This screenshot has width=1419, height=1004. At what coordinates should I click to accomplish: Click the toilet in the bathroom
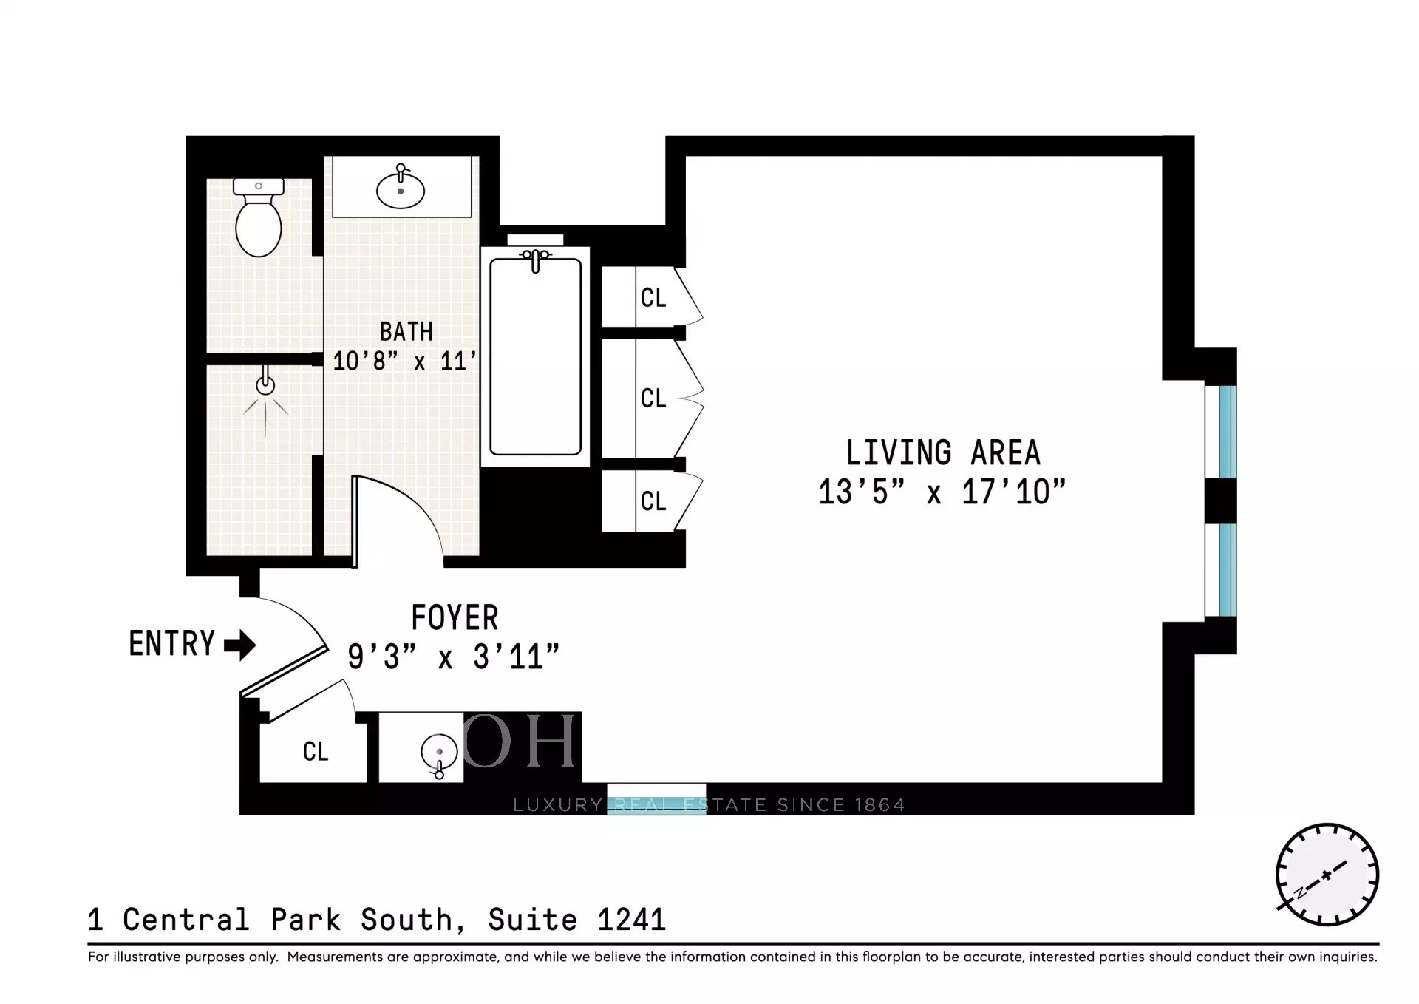[x=259, y=217]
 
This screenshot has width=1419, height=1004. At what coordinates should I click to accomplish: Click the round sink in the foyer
[x=439, y=753]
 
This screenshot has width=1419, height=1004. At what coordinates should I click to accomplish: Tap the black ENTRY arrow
[x=240, y=645]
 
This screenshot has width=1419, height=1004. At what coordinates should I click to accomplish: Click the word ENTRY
[x=171, y=644]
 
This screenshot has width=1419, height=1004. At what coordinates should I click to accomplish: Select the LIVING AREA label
[x=943, y=452]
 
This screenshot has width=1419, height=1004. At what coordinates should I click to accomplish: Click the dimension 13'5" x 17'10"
[x=942, y=492]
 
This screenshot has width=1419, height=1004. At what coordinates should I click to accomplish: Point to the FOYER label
[x=455, y=617]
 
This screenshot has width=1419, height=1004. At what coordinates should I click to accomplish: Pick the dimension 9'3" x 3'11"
[x=453, y=656]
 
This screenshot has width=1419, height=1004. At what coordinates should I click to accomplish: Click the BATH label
[x=406, y=331]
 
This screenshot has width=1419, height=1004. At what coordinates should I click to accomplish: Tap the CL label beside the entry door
[x=316, y=752]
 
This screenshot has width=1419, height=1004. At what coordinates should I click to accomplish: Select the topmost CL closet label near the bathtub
[x=653, y=298]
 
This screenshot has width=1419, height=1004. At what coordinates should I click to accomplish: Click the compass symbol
[x=1327, y=875]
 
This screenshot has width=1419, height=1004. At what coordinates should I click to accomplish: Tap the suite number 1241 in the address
[x=631, y=920]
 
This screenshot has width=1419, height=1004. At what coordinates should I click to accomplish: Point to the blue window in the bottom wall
[x=656, y=798]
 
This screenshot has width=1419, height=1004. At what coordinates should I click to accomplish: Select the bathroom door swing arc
[x=404, y=510]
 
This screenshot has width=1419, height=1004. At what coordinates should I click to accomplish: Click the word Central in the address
[x=186, y=920]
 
